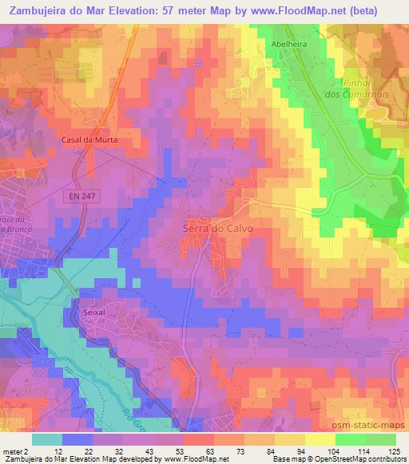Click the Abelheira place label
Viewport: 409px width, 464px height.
289,45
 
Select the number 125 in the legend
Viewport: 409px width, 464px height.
395,451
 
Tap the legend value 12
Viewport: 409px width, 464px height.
58,451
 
